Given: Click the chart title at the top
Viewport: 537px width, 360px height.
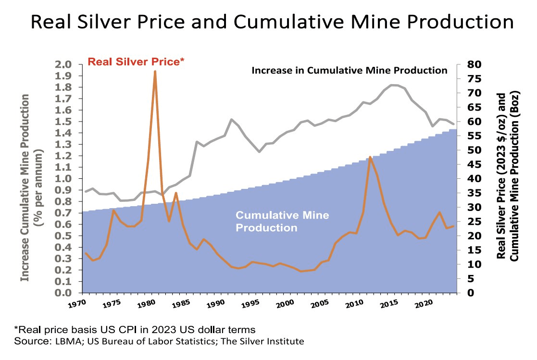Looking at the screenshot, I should (268, 23).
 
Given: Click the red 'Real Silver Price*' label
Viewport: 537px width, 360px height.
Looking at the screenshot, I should (136, 62).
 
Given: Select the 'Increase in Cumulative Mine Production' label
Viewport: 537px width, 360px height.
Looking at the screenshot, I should (350, 71).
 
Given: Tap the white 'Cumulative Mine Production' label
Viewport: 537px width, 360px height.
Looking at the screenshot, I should (282, 221).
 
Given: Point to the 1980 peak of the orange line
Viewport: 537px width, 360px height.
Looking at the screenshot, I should (155, 71).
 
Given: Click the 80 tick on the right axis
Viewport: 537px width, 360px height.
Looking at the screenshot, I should (468, 64).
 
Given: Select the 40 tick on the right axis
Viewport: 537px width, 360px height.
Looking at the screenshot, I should (468, 179).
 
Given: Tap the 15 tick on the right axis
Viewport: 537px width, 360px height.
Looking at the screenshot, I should (468, 250).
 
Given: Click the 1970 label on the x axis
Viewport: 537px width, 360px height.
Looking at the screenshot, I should (76, 305).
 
